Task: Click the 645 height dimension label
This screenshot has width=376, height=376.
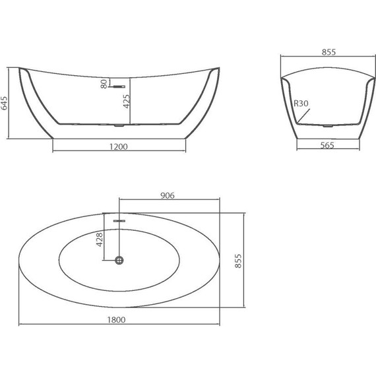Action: tap(5, 103)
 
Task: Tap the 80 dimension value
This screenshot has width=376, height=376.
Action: tap(104, 84)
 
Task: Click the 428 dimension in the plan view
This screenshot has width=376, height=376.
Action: tap(100, 239)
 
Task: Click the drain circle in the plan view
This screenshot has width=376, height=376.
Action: tap(119, 261)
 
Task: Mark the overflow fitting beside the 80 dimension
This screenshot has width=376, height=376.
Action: tap(119, 84)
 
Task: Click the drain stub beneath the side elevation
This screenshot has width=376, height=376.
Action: tap(119, 125)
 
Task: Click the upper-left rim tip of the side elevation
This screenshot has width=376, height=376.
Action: tap(19, 67)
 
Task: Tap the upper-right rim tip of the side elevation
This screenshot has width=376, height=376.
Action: tap(218, 67)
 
